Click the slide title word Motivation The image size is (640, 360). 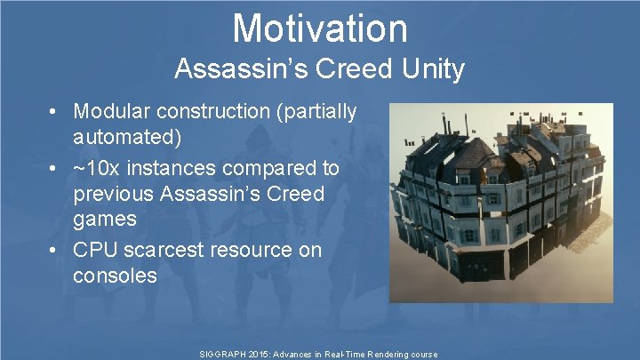pyautogui.click(x=320, y=28)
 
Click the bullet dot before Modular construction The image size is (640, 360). pyautogui.click(x=55, y=113)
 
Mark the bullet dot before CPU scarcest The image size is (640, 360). pyautogui.click(x=55, y=251)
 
